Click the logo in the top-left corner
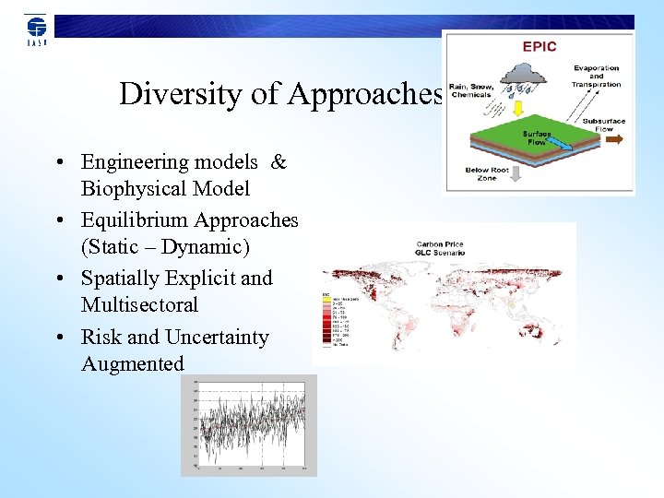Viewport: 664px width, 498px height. (x=36, y=30)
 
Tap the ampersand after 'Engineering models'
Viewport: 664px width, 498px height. (x=279, y=162)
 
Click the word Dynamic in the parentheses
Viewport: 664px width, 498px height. (x=213, y=247)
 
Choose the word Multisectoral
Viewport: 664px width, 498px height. (x=139, y=304)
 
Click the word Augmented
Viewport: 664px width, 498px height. (x=133, y=363)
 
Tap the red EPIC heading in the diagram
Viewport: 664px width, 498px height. (x=539, y=46)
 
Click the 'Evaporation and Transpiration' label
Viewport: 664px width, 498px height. (x=597, y=77)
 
